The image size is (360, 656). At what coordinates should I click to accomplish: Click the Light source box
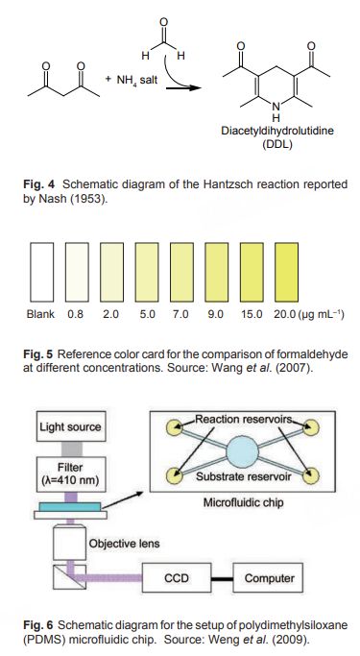71,426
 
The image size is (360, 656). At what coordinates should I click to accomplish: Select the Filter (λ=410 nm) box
71,474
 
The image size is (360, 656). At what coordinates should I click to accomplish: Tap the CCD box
176,578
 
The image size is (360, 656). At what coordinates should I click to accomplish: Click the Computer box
268,578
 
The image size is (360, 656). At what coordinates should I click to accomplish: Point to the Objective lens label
124,544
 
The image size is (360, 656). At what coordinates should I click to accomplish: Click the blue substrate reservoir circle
243,452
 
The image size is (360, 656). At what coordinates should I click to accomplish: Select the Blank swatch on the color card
42,272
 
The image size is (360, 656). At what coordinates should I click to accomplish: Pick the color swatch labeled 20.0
286,272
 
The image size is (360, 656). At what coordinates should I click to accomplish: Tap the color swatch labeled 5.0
147,272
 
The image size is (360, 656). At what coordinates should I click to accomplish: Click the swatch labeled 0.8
77,272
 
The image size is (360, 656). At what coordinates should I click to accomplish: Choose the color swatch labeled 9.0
217,272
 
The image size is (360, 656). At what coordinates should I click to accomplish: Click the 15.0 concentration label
252,314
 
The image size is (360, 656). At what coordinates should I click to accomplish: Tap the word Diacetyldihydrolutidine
277,131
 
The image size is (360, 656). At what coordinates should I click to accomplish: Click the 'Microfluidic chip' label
243,502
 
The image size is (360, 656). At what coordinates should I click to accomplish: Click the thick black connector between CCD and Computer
222,579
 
